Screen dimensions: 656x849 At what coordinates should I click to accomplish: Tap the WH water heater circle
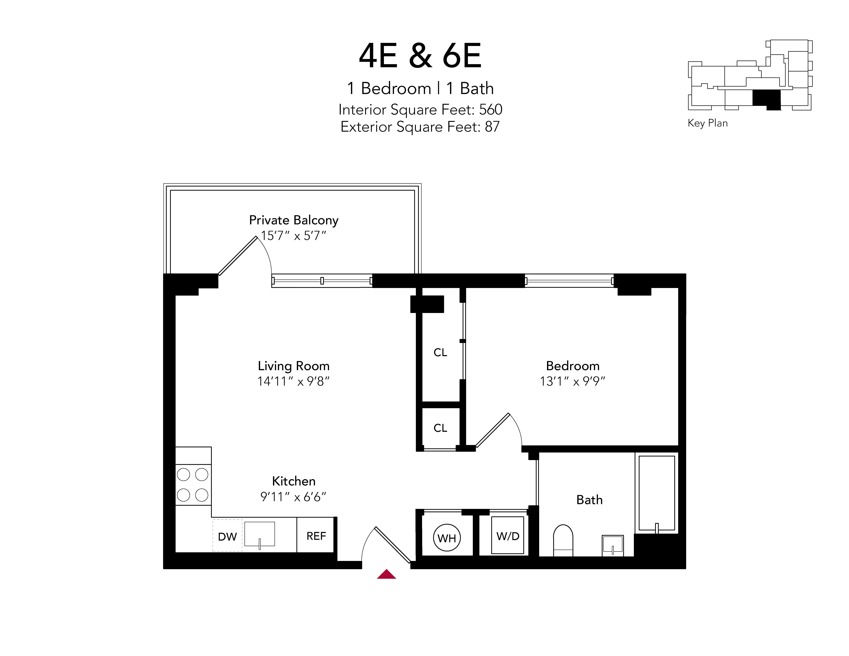447,538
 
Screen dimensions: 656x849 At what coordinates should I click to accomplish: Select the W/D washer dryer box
508,536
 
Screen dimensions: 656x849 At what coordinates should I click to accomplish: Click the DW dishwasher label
227,537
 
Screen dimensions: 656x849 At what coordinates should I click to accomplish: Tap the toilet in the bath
563,539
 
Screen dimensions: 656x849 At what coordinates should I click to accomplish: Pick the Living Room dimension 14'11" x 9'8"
293,381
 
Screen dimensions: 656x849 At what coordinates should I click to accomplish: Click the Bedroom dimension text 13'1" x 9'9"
573,381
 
